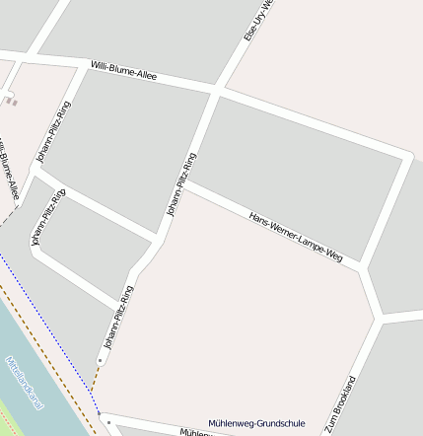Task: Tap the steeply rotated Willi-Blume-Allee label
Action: pos(9,173)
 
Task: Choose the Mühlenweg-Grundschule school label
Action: pos(256,424)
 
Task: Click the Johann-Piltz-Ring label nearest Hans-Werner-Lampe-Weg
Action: pos(181,184)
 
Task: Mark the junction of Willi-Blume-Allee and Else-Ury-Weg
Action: pos(216,91)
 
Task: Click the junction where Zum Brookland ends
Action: pos(379,319)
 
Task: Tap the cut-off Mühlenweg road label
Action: pos(193,432)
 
